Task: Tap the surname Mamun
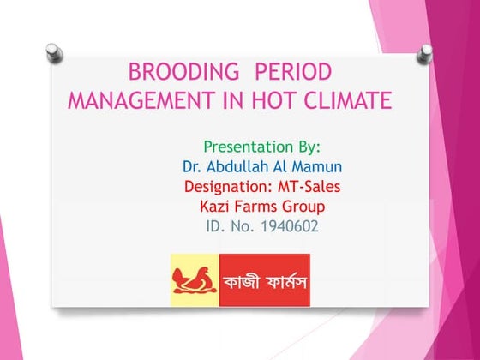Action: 302,165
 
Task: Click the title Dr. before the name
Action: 192,165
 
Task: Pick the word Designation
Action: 227,186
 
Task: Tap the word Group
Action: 305,207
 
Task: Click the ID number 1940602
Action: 291,227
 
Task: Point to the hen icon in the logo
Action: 195,279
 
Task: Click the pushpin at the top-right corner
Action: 423,57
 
